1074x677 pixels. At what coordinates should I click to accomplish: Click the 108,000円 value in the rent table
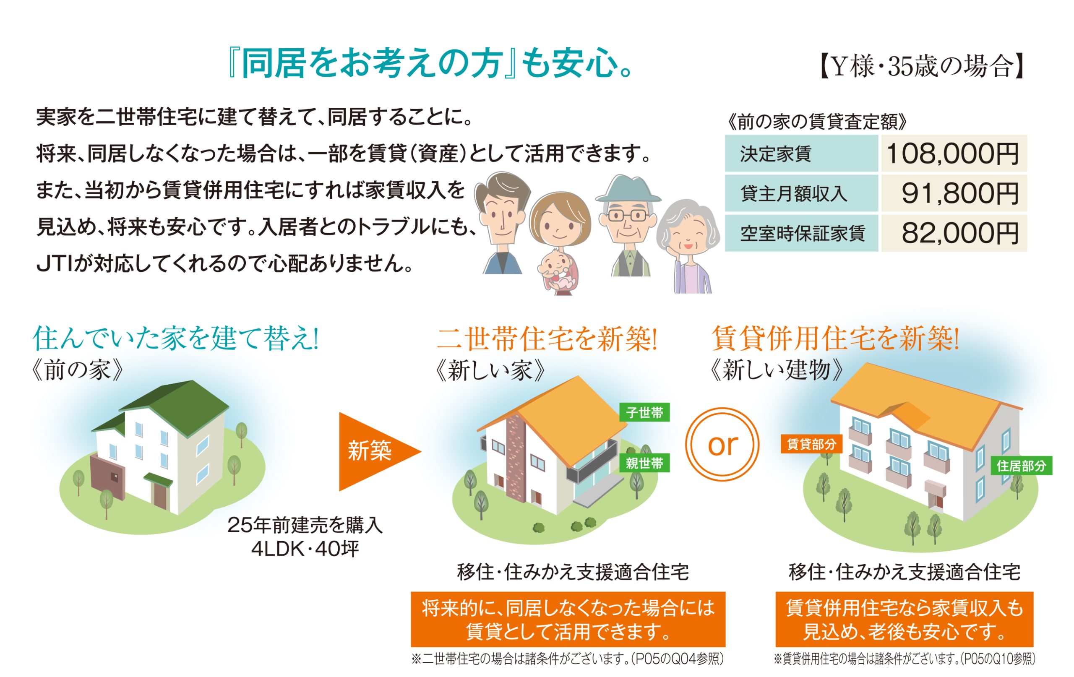coord(952,154)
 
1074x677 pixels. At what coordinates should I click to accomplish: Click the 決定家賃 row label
coord(776,154)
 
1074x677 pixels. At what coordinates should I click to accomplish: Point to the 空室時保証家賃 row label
coord(803,233)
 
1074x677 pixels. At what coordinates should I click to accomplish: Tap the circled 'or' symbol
coord(722,444)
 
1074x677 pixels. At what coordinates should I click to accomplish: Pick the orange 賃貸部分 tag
coord(811,444)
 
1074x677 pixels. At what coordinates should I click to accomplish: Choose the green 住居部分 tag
coord(1022,466)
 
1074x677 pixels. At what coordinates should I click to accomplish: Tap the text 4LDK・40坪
coord(305,549)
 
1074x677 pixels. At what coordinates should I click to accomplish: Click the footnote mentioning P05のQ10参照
coord(904,659)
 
